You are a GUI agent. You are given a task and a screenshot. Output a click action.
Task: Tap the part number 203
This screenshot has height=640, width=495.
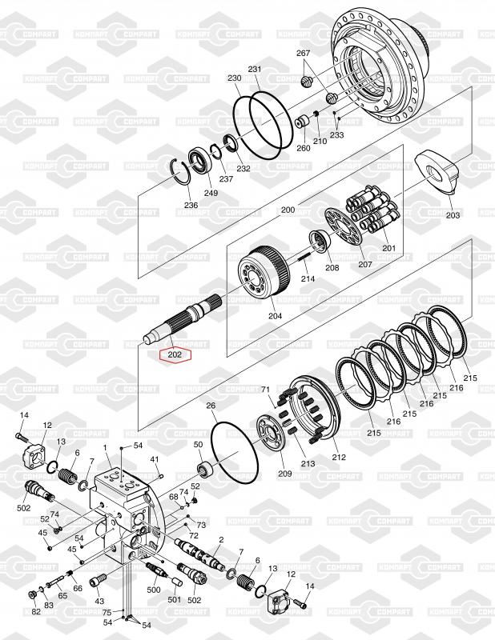click(x=453, y=215)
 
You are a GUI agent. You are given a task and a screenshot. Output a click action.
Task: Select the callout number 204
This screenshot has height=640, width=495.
click(x=275, y=315)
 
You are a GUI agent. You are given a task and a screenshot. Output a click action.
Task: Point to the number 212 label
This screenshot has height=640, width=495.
click(x=339, y=458)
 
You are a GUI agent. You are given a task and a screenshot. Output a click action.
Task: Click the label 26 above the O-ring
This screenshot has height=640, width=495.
click(x=211, y=406)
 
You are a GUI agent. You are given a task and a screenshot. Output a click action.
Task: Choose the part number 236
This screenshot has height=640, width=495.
click(x=191, y=206)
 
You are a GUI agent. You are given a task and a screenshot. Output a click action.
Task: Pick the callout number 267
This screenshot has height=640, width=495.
click(x=304, y=53)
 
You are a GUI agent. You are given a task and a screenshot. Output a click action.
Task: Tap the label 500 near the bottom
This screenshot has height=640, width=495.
click(x=154, y=590)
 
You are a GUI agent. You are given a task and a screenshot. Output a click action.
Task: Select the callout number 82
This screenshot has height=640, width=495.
click(x=36, y=612)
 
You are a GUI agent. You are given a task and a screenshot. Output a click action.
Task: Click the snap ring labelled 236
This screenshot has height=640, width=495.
click(x=183, y=173)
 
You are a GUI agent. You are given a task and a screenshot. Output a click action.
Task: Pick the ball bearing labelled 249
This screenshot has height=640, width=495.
click(x=199, y=162)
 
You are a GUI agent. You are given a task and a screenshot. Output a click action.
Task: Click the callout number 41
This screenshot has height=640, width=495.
click(x=155, y=459)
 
